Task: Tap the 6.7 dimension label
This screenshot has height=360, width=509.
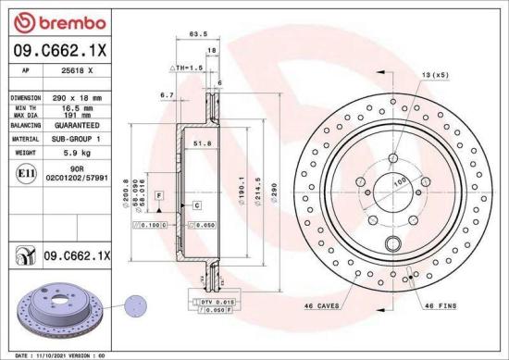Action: tap(167, 94)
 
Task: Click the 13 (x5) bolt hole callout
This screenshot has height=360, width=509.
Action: tap(435, 73)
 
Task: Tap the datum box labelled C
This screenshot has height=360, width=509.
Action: tap(197, 204)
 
